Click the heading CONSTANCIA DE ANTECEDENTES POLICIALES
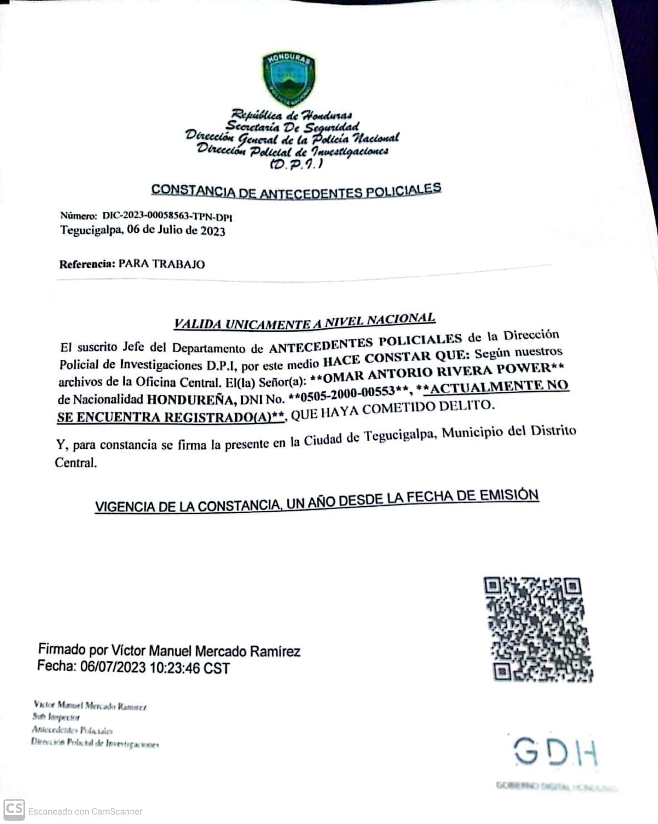pyautogui.click(x=296, y=190)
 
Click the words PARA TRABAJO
pyautogui.click(x=162, y=264)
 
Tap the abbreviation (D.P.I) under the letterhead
pyautogui.click(x=296, y=165)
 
